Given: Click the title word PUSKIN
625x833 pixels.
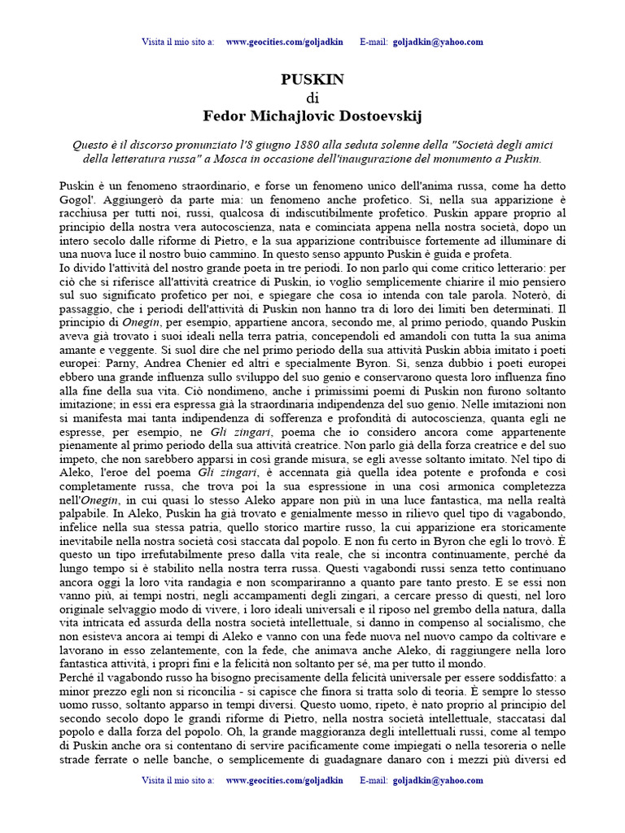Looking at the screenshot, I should pyautogui.click(x=312, y=79).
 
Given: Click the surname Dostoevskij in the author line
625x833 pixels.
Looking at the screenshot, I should pyautogui.click(x=378, y=116).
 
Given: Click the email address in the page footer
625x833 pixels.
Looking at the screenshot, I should pyautogui.click(x=439, y=779).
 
